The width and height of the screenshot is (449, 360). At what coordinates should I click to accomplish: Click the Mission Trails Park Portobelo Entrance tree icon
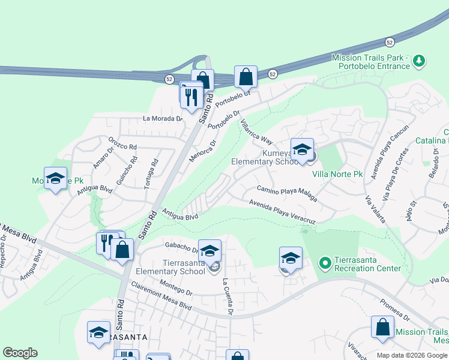coord(419,61)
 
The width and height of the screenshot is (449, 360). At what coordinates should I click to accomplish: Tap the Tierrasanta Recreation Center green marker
coord(325,263)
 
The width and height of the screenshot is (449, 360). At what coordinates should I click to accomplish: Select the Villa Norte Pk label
coord(338,175)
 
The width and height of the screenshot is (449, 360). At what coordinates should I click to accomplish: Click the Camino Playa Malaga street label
coord(287,193)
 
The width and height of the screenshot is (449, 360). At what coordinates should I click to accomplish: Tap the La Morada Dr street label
coord(162,118)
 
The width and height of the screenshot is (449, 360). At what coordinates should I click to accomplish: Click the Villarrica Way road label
coord(257,131)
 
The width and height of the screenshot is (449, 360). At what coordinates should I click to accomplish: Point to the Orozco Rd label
coord(123,144)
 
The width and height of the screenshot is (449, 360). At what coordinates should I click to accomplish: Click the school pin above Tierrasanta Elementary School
coord(210,251)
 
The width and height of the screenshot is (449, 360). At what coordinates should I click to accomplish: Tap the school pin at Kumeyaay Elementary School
coord(302,149)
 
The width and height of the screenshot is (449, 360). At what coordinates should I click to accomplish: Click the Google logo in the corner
coord(20,353)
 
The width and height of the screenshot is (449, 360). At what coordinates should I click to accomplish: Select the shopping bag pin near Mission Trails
coord(382,327)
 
